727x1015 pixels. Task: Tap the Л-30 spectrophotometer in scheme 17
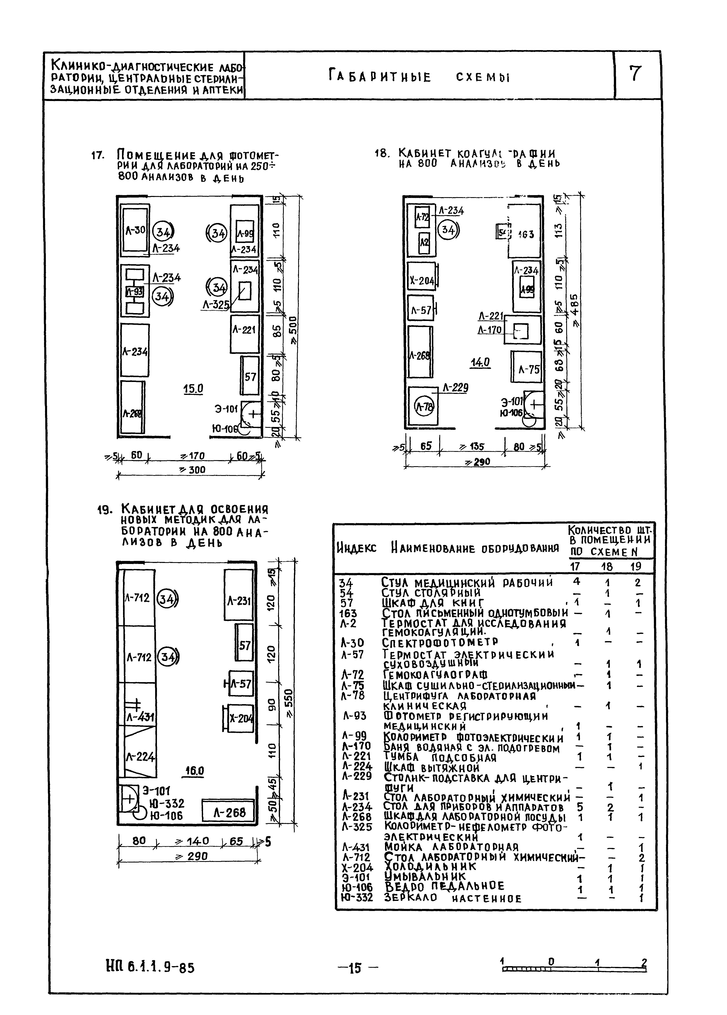coord(134,230)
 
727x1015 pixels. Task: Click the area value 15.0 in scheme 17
coord(193,389)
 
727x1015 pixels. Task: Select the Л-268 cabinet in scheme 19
coord(228,812)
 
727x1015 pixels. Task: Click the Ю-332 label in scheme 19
coord(166,804)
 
